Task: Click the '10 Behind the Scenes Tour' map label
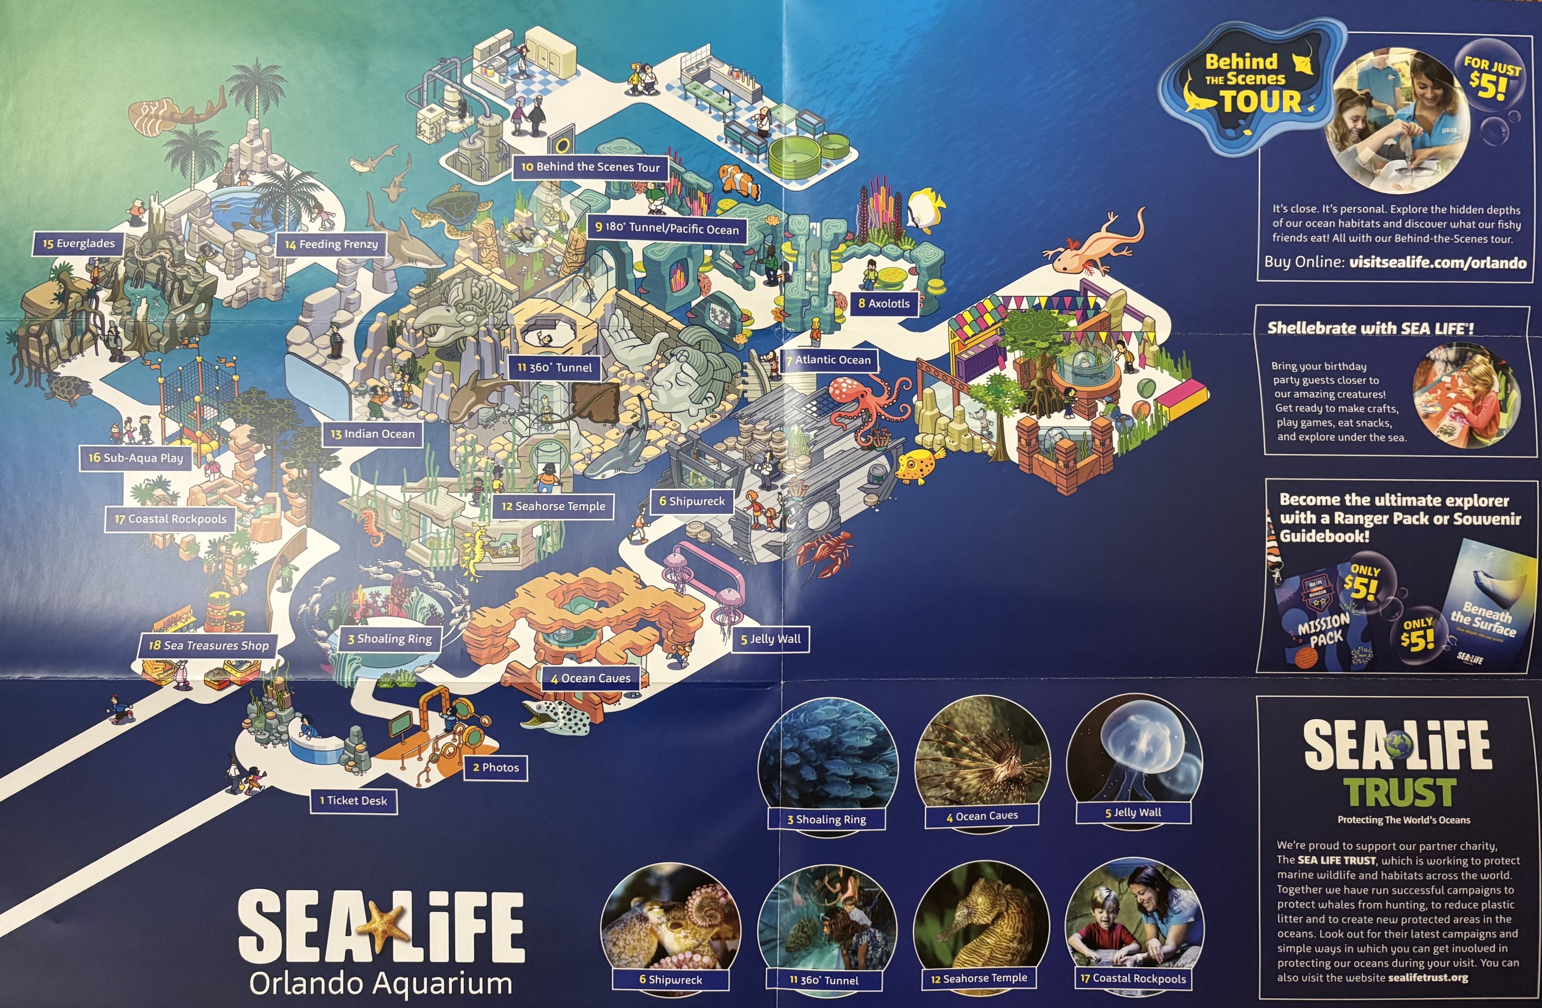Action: click(590, 167)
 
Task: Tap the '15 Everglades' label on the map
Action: click(78, 244)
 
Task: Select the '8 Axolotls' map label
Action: click(884, 303)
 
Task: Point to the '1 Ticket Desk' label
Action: click(354, 800)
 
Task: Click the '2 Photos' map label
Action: click(495, 768)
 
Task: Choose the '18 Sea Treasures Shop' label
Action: click(208, 646)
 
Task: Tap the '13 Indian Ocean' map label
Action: click(372, 434)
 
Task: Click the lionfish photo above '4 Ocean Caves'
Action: click(982, 755)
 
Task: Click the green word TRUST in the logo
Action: click(1399, 792)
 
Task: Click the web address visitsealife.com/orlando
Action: click(1437, 263)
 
